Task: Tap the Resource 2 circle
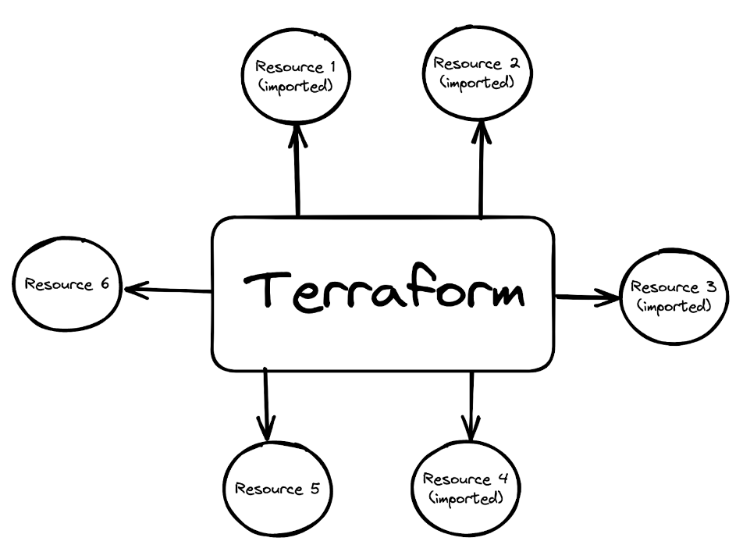pos(477,72)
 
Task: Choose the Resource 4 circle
pos(467,487)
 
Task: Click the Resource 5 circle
pos(278,490)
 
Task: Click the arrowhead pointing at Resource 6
pos(133,290)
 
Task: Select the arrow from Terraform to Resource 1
pos(297,172)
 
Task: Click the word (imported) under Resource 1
pos(296,85)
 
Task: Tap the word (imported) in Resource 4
pos(465,497)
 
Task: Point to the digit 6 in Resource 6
pos(103,283)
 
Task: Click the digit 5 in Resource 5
pos(314,490)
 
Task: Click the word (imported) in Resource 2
pos(477,81)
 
